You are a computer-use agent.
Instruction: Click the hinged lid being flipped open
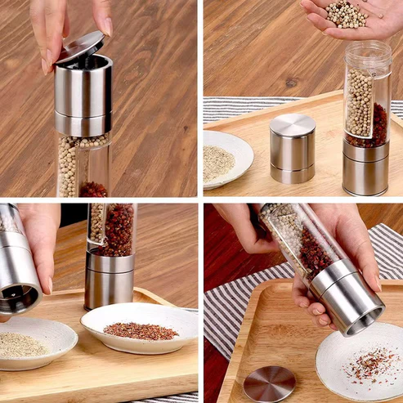click(80, 47)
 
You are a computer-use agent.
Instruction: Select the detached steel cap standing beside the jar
click(292, 147)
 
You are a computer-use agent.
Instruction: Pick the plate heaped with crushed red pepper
click(139, 327)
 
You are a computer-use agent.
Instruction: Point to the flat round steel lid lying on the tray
click(269, 383)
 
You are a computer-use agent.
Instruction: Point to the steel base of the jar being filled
click(365, 168)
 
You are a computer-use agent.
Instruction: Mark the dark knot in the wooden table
click(291, 83)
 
